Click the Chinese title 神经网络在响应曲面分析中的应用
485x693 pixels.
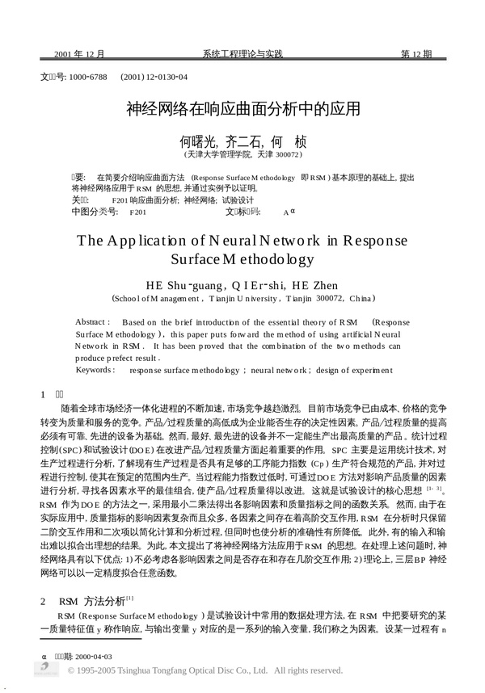point(242,107)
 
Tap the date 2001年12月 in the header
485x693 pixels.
point(79,54)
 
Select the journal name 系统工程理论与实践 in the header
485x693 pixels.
point(242,54)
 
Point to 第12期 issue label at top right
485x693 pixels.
point(417,54)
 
